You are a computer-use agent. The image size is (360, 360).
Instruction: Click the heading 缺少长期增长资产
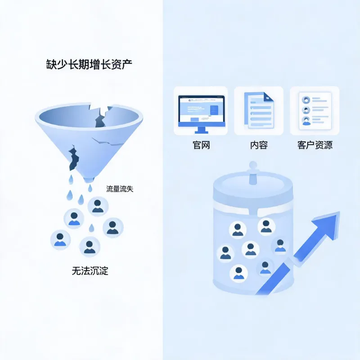89,64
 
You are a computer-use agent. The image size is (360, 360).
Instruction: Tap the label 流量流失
120,189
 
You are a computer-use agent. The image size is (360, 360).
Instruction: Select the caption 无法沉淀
90,271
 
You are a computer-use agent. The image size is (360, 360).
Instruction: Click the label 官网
201,145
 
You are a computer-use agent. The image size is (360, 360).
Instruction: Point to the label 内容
259,145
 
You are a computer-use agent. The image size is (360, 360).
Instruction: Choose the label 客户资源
315,145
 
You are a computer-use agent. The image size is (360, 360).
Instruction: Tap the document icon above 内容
259,110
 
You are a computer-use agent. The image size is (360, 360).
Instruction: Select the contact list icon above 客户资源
315,111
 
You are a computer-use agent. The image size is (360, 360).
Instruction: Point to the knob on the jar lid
253,173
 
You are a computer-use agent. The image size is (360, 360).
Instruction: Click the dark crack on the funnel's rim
101,117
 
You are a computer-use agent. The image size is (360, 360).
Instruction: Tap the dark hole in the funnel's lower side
73,157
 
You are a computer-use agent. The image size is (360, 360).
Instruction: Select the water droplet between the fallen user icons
91,228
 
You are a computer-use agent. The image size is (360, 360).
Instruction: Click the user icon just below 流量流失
98,207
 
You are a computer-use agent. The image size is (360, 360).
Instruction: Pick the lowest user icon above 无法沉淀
90,247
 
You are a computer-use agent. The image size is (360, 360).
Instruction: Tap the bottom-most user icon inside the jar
239,274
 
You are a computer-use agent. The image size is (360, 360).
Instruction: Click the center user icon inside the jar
251,250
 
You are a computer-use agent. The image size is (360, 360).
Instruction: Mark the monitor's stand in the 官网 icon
201,130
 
